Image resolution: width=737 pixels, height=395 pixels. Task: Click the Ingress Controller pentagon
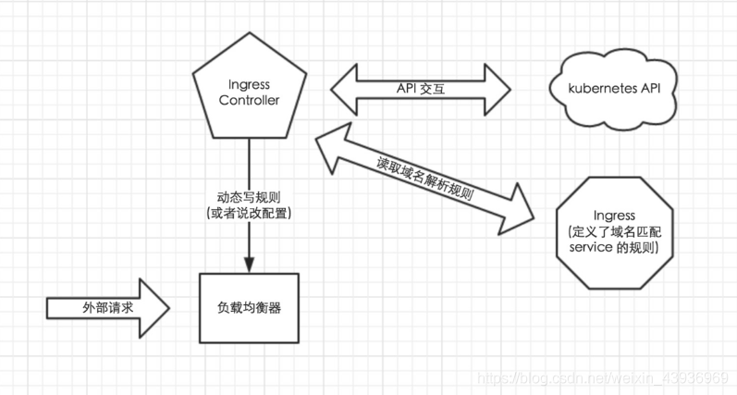coord(248,93)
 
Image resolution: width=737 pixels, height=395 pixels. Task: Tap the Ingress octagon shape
coord(613,227)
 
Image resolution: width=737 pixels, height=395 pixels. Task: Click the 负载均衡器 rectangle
coord(247,305)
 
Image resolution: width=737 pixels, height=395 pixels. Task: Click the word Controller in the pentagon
coord(248,101)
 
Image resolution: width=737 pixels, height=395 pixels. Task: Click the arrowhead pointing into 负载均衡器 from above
coord(249,263)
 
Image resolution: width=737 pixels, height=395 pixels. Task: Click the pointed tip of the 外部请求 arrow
coord(169,305)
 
